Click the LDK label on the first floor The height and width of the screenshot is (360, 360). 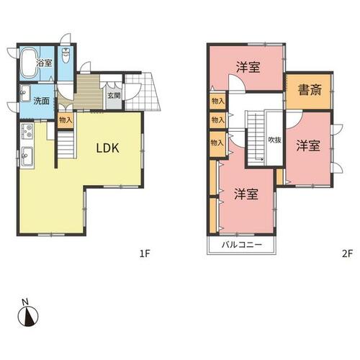tap(107, 148)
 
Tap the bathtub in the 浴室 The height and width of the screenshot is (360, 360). tap(30, 63)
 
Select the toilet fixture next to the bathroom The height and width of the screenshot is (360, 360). tap(66, 55)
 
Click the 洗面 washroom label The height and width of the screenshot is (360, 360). tap(41, 101)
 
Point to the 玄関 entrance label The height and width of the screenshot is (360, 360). tap(114, 96)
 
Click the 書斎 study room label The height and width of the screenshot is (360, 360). tap(310, 91)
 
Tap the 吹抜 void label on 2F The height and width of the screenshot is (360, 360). tap(274, 140)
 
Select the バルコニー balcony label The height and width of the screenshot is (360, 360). tap(241, 245)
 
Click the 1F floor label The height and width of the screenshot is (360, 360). tap(145, 253)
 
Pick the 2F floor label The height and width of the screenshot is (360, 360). tap(347, 253)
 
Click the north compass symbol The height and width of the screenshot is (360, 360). tap(28, 316)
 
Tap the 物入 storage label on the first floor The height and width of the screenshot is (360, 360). tap(66, 120)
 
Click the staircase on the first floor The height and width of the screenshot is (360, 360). tap(66, 145)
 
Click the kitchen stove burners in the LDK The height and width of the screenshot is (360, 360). tap(27, 131)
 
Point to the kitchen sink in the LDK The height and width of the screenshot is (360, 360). tap(27, 156)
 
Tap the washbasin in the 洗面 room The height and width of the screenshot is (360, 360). tap(25, 94)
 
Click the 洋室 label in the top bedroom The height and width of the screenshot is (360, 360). tap(248, 67)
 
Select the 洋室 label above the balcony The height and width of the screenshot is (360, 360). tap(246, 194)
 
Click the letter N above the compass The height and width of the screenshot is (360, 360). tap(25, 302)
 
